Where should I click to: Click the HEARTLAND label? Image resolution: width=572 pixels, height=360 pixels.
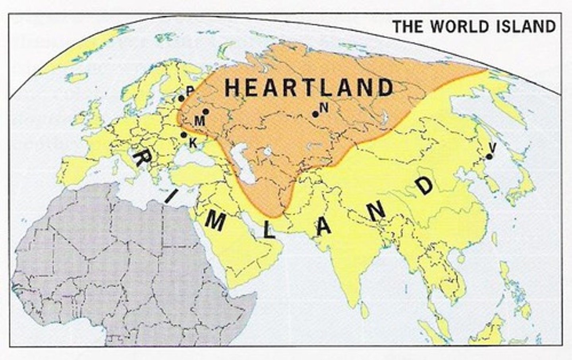click(x=309, y=88)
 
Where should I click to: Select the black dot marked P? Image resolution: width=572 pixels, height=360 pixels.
click(x=181, y=98)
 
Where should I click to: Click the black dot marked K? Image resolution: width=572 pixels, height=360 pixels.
click(x=184, y=135)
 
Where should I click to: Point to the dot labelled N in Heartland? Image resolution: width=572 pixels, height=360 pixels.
click(x=315, y=114)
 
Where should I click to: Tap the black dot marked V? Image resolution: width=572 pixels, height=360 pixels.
click(x=489, y=156)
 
